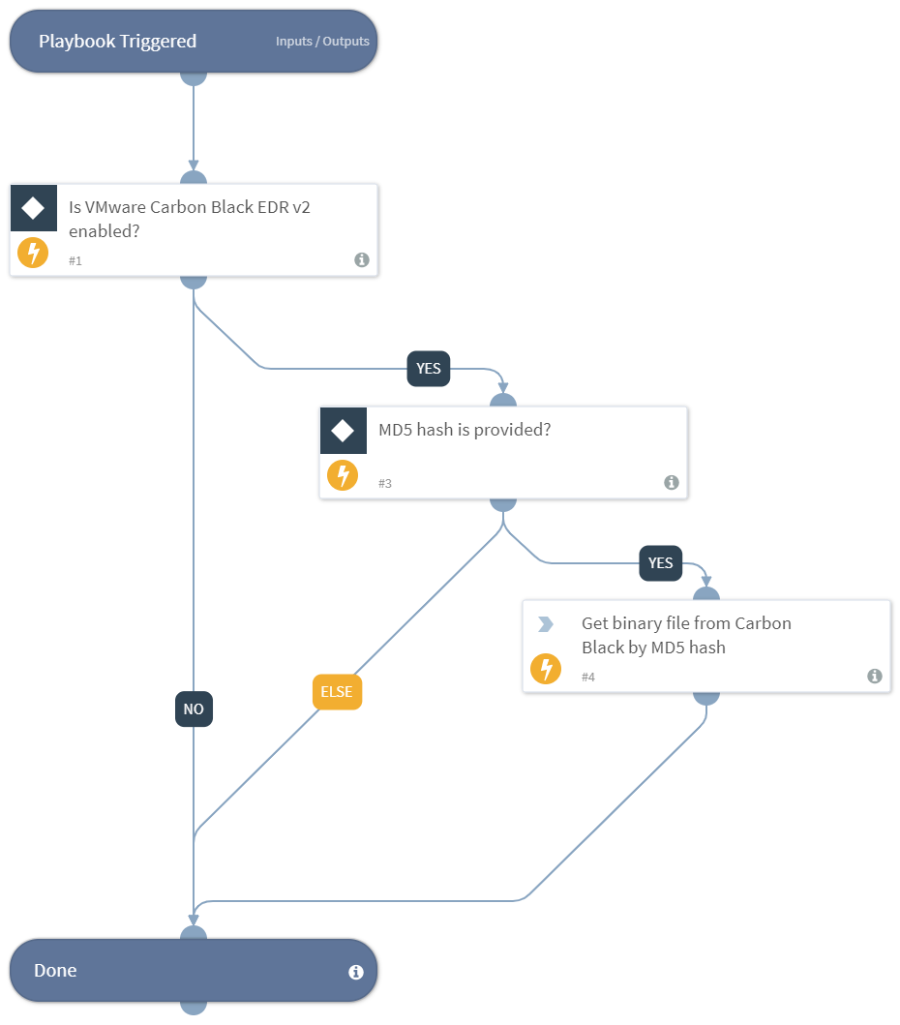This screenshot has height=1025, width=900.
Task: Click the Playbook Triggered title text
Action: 117,42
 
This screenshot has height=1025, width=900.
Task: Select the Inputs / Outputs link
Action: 322,42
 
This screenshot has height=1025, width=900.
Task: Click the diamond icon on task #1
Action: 33,208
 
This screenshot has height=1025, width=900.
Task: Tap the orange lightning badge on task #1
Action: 33,254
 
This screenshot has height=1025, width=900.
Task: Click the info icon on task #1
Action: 362,259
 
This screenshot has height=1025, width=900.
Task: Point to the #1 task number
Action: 75,261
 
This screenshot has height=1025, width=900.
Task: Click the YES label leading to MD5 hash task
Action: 428,369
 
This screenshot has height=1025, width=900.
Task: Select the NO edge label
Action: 194,709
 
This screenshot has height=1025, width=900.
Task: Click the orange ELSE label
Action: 337,692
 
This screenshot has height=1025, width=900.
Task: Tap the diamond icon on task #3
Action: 343,431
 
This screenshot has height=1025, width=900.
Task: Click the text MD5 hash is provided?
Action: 465,430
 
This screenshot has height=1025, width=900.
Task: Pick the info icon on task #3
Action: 672,482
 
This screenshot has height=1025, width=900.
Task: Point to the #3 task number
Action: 385,483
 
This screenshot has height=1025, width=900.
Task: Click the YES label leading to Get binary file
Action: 660,563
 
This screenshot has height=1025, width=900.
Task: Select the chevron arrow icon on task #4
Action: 546,624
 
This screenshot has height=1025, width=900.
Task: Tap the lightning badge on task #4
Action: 546,669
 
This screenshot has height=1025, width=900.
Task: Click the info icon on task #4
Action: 875,676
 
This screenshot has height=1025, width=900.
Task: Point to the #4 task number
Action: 588,677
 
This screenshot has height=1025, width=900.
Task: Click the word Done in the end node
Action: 55,971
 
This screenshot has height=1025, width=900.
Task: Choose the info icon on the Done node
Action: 355,972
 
